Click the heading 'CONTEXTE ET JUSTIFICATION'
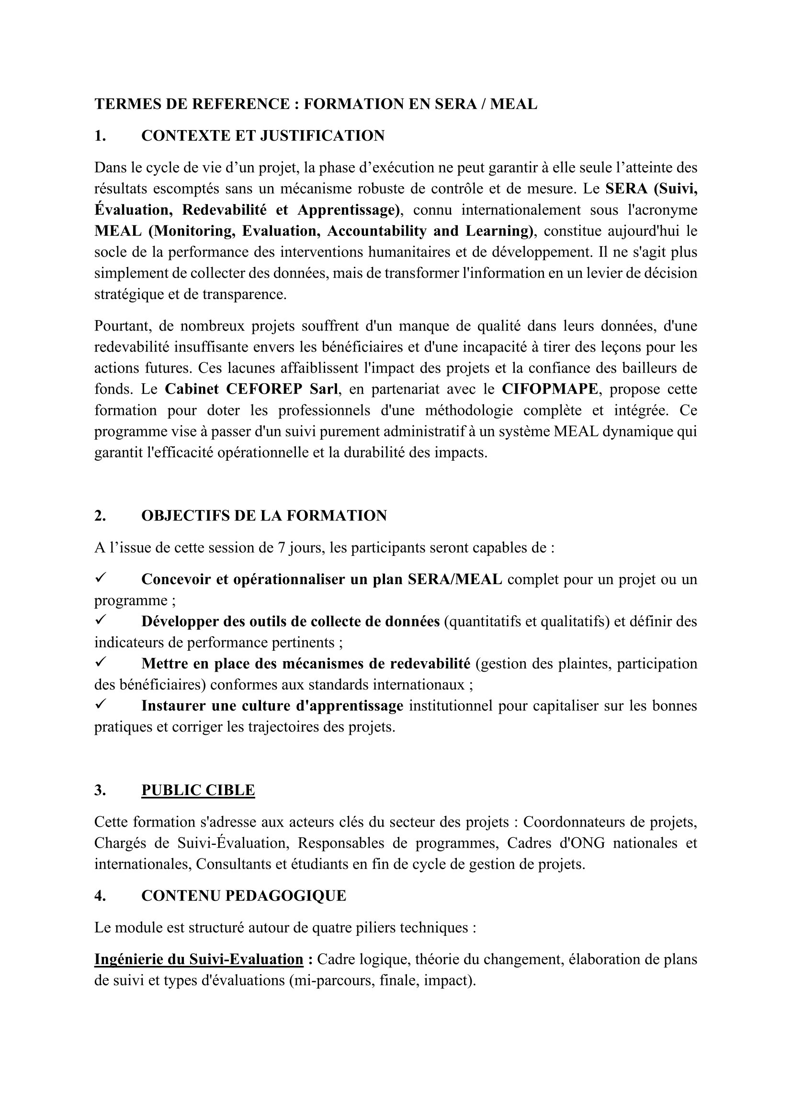point(263,135)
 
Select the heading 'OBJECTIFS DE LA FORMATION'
point(264,516)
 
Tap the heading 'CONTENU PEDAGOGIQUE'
point(243,895)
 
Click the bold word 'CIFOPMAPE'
point(549,389)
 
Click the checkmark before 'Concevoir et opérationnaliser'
point(101,578)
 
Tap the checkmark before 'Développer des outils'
point(101,620)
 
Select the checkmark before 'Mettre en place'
point(101,663)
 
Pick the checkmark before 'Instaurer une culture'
point(101,705)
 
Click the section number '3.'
point(101,790)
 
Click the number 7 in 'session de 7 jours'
point(282,548)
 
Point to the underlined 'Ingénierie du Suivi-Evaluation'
point(199,959)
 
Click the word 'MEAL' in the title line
point(513,104)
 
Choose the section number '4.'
point(101,895)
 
